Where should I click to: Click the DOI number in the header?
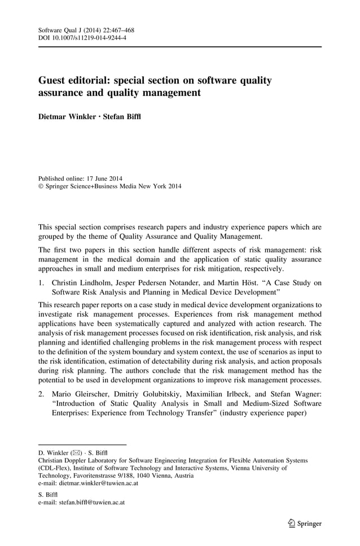(91, 38)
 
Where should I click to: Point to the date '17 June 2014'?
(106, 178)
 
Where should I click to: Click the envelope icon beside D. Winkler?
(78, 453)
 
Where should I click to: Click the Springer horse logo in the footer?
(290, 523)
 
